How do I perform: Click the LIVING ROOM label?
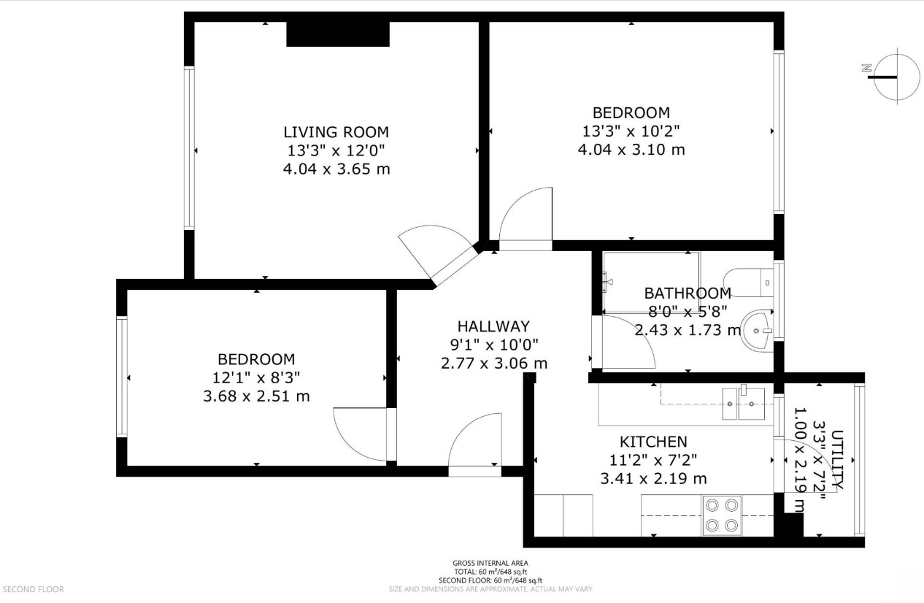coord(336,132)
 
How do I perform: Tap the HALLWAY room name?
coord(493,326)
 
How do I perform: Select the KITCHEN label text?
coord(653,442)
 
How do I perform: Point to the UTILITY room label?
coord(836,460)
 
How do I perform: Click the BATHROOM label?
coord(687,293)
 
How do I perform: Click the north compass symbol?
coord(889,75)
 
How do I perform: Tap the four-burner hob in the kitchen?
coord(722,515)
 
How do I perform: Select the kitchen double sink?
coord(743,403)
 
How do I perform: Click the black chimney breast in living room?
coord(337,34)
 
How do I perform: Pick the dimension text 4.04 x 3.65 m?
coord(336,169)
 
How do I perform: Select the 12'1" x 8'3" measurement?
coord(256,378)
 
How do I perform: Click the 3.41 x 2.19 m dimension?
coord(653,479)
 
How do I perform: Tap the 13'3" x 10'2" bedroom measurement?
coord(631,131)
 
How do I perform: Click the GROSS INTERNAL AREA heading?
coord(490,564)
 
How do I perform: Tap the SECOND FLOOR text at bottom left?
coord(34,589)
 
